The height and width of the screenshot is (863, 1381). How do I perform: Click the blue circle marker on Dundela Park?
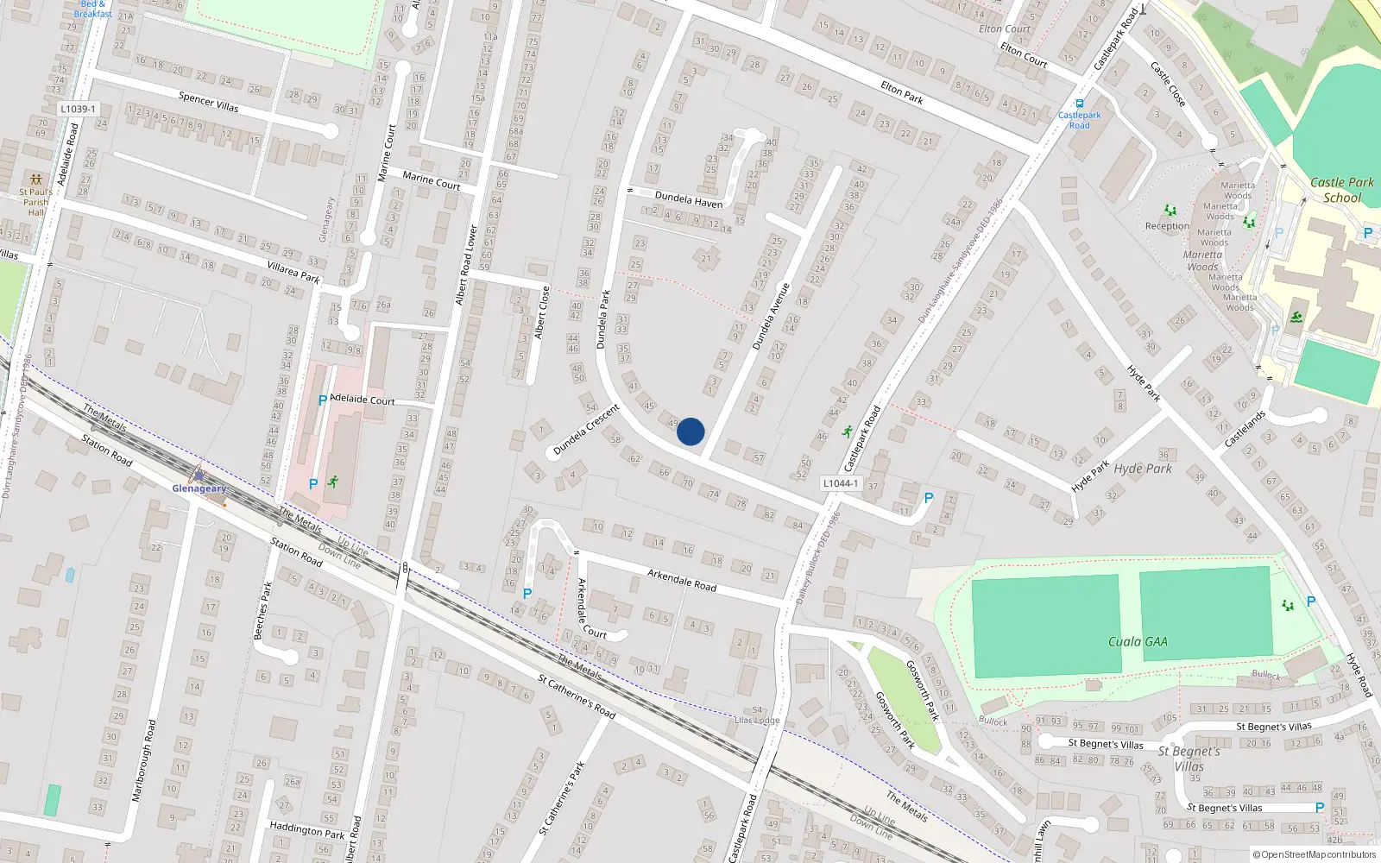(x=690, y=431)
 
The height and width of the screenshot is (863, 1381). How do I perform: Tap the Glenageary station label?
(x=199, y=488)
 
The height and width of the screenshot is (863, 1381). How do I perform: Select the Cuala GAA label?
(x=1138, y=641)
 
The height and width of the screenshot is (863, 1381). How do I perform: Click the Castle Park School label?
(x=1341, y=190)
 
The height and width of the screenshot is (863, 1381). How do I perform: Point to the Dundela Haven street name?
(x=688, y=199)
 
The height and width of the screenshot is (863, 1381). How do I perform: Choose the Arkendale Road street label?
(x=682, y=580)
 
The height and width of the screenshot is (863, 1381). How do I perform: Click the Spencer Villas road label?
(x=208, y=101)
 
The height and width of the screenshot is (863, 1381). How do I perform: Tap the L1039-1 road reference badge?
(x=79, y=110)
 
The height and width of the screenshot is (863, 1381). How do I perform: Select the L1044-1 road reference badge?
(x=840, y=483)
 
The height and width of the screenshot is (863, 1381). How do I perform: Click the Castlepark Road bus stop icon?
(x=1079, y=103)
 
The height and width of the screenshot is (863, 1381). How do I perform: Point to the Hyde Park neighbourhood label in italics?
(x=1143, y=469)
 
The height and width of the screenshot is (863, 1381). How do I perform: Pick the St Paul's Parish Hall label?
(x=35, y=202)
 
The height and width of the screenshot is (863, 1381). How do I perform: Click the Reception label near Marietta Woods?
(x=1167, y=226)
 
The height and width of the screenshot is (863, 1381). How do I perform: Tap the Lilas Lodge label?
(x=756, y=720)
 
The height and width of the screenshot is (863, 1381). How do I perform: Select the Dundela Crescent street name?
(x=586, y=430)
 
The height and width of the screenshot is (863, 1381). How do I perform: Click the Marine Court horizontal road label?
(x=432, y=180)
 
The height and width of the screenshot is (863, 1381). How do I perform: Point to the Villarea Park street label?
(x=293, y=272)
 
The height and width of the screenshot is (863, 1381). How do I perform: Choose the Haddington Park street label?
(x=306, y=830)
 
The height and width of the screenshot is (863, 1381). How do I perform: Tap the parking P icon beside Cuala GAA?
(x=1311, y=602)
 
